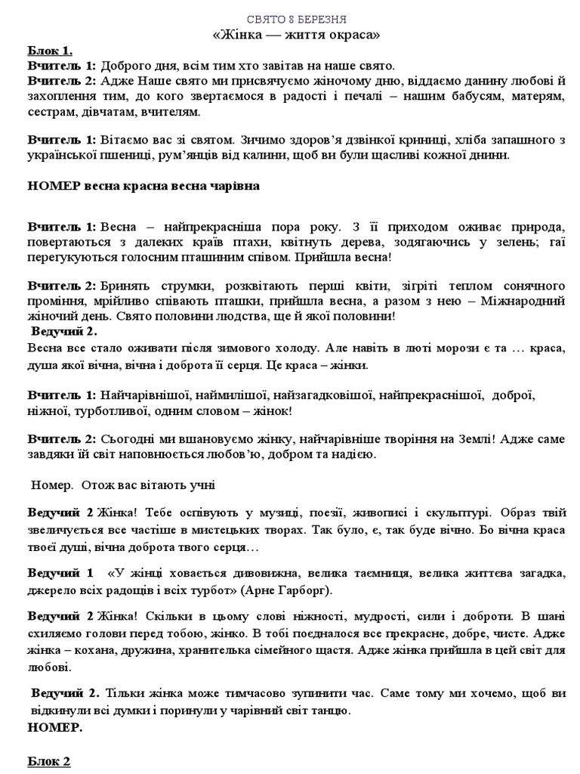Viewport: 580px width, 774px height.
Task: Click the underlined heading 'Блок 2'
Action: pos(49,761)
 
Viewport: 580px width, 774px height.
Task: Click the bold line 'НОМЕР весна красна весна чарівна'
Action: pos(143,187)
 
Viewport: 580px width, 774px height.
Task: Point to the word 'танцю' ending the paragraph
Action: pos(329,711)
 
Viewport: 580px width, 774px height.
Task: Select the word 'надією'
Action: pos(347,454)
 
